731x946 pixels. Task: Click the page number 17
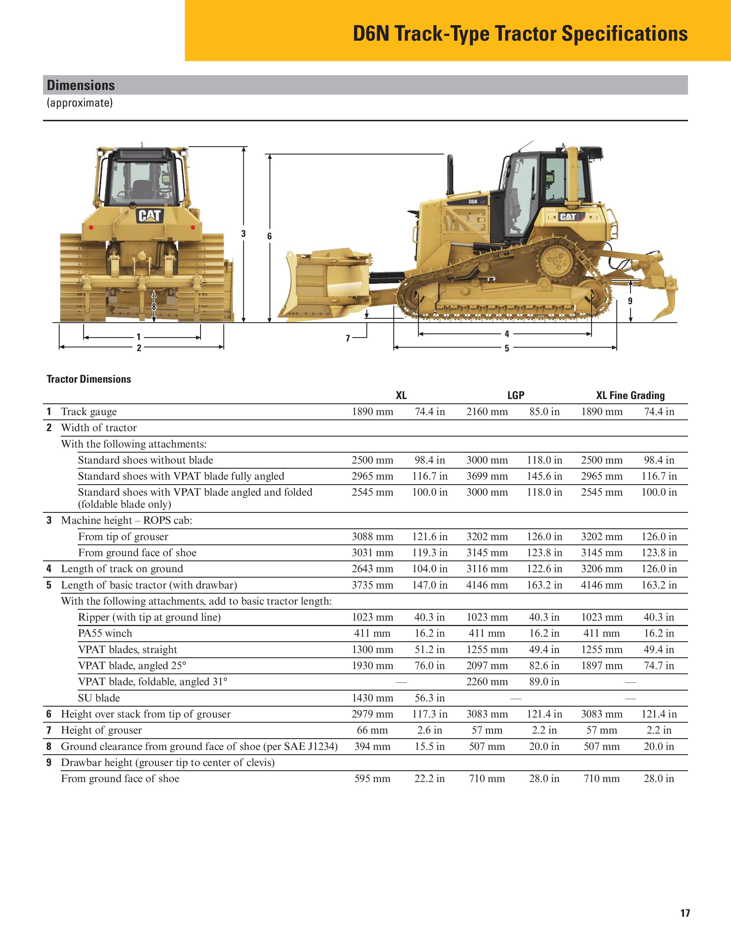click(685, 913)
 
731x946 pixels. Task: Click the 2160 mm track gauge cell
click(487, 411)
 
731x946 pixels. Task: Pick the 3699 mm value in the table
click(487, 476)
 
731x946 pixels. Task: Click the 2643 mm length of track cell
click(372, 569)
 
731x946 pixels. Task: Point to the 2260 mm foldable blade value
click(487, 682)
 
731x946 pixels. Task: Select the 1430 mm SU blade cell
click(372, 698)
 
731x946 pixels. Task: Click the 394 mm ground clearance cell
click(372, 746)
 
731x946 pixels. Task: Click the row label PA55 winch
click(105, 633)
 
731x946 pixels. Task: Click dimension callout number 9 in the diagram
click(630, 301)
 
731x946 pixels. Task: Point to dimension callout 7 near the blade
click(347, 338)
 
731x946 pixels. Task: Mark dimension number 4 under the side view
click(507, 334)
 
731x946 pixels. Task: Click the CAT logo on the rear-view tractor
click(150, 216)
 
